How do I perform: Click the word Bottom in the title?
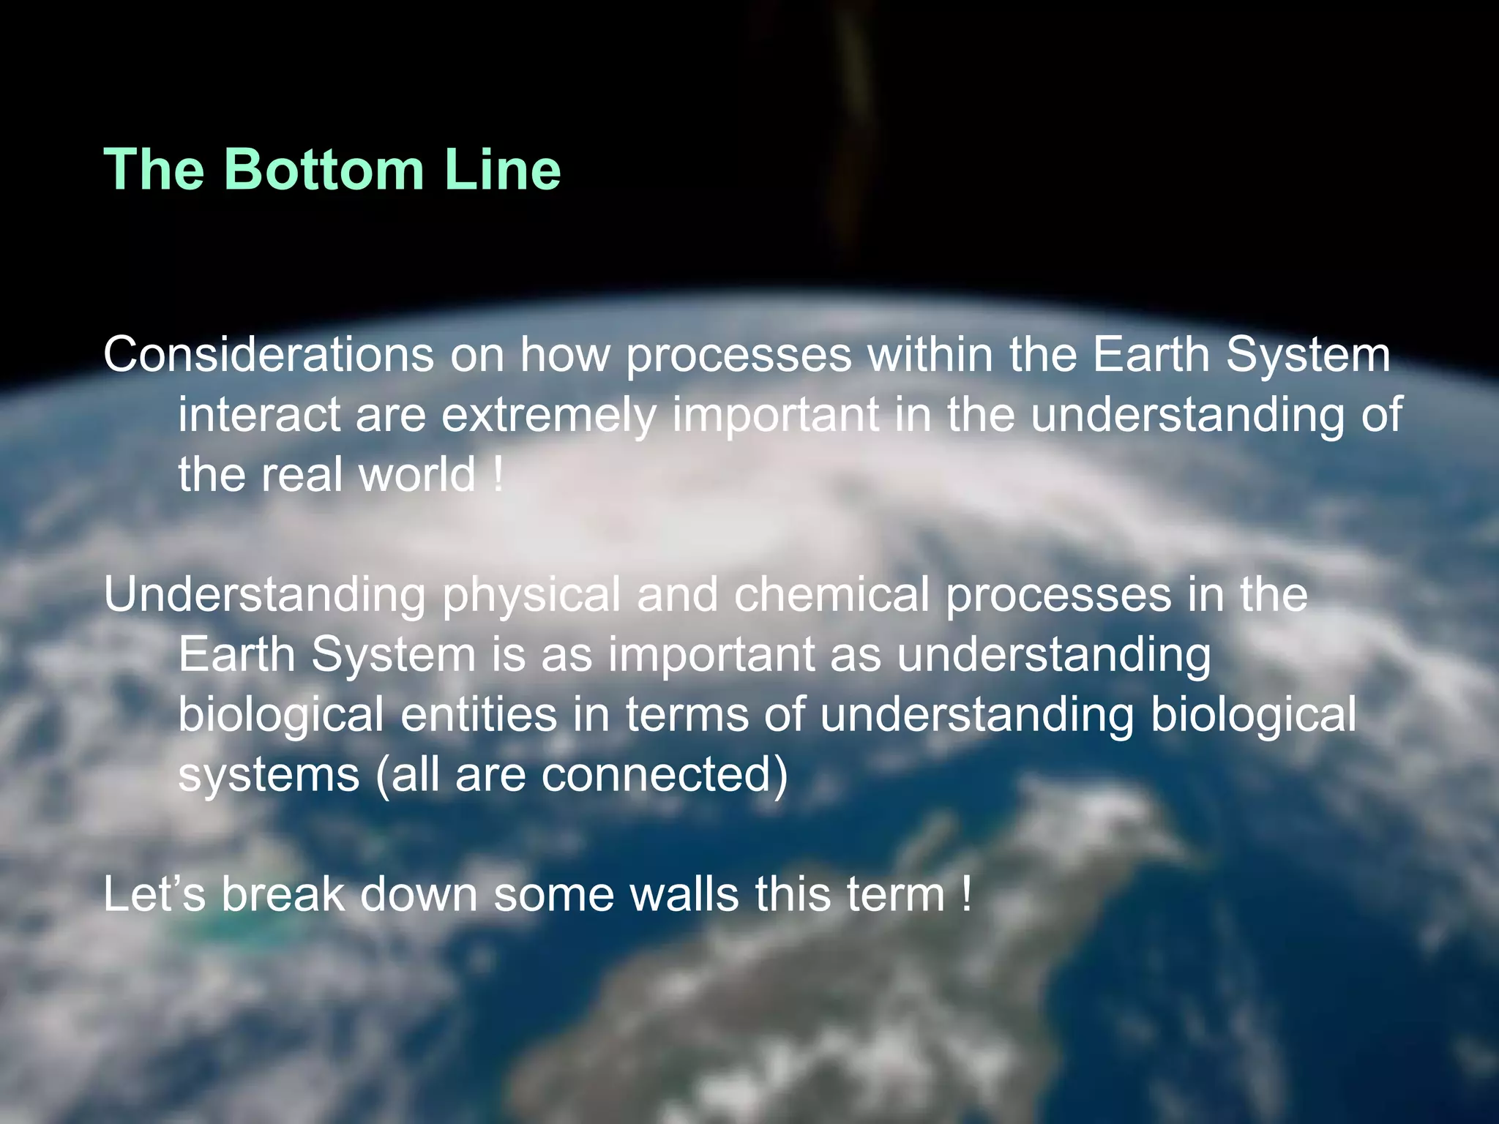[327, 170]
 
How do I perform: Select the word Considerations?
[269, 355]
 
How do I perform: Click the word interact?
[258, 416]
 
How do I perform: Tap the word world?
[418, 475]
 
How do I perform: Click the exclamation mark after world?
[498, 475]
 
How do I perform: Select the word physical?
[531, 596]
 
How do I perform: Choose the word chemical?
[831, 594]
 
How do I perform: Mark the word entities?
[478, 715]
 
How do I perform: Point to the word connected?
[665, 775]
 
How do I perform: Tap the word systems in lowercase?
[269, 776]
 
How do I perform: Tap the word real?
[302, 475]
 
